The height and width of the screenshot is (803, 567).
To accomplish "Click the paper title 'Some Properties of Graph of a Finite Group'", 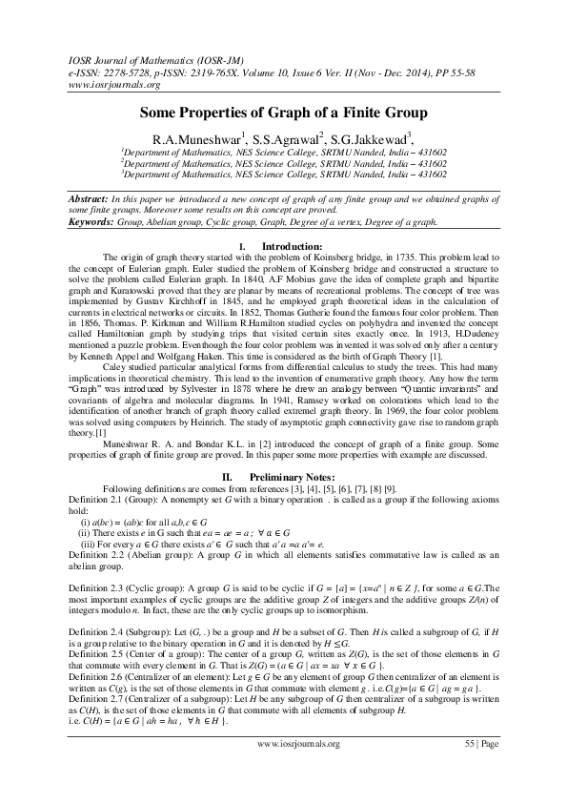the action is [x=283, y=112].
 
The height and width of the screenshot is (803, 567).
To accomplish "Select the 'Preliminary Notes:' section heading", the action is [x=296, y=474].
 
